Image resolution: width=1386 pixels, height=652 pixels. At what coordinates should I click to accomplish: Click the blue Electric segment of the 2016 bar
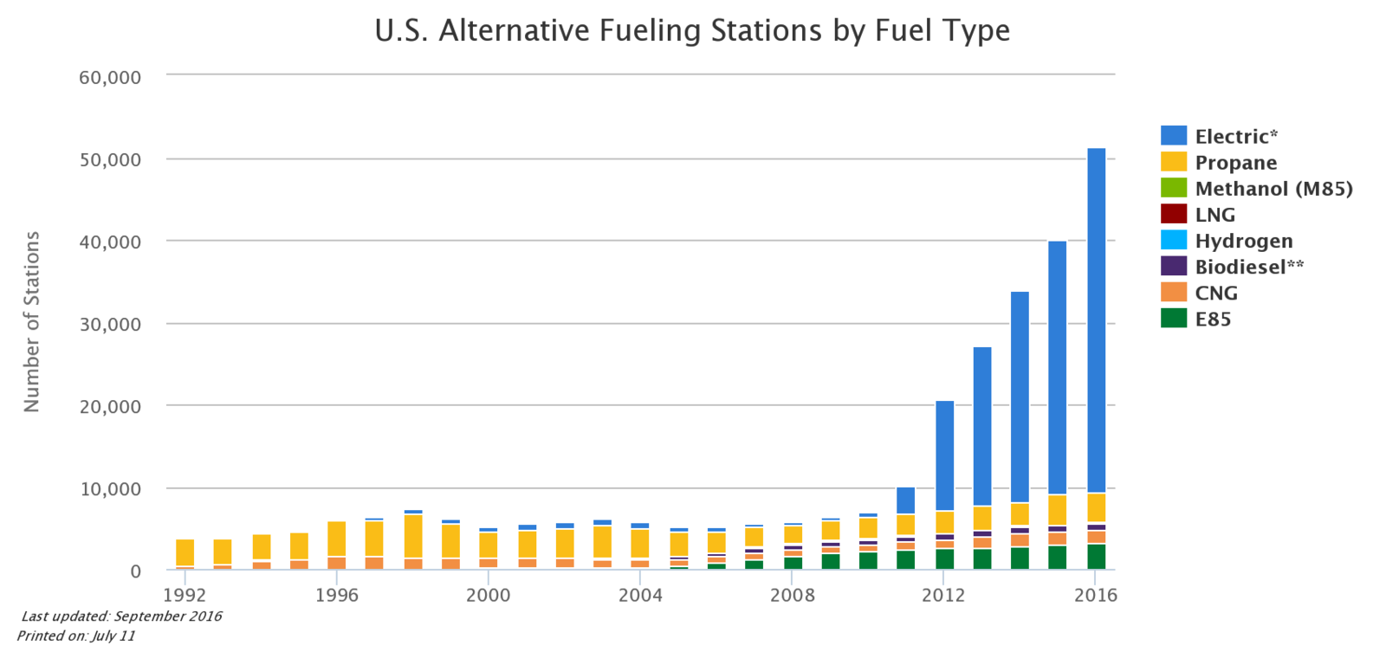pyautogui.click(x=1096, y=320)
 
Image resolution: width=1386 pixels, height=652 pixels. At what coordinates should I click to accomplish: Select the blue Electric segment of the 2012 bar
pyautogui.click(x=944, y=455)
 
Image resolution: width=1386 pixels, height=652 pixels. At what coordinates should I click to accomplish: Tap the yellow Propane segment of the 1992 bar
pyautogui.click(x=185, y=552)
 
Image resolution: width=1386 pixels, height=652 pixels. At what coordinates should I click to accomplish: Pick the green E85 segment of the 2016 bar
pyautogui.click(x=1096, y=556)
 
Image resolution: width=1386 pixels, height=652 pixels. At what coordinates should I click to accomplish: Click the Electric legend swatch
pyautogui.click(x=1174, y=135)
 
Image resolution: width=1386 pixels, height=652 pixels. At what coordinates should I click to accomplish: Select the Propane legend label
pyautogui.click(x=1235, y=163)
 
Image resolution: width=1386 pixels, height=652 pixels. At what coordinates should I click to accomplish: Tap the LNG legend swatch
pyautogui.click(x=1174, y=214)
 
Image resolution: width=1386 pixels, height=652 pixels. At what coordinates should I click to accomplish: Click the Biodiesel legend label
pyautogui.click(x=1248, y=267)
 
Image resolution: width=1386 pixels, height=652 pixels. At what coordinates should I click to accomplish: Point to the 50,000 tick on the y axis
pyautogui.click(x=110, y=160)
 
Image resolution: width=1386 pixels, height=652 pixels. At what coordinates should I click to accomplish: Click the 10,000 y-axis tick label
pyautogui.click(x=110, y=489)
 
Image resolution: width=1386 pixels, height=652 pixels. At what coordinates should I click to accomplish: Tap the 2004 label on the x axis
pyautogui.click(x=640, y=595)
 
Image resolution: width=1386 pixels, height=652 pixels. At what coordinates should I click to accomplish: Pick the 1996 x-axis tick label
pyautogui.click(x=336, y=595)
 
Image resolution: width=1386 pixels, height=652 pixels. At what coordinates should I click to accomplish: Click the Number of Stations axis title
pyautogui.click(x=32, y=322)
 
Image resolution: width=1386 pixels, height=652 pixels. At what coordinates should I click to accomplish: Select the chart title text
pyautogui.click(x=692, y=31)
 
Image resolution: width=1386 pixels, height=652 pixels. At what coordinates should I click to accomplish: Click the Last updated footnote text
pyautogui.click(x=121, y=616)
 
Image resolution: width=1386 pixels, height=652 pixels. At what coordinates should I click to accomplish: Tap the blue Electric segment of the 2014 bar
pyautogui.click(x=1020, y=397)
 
